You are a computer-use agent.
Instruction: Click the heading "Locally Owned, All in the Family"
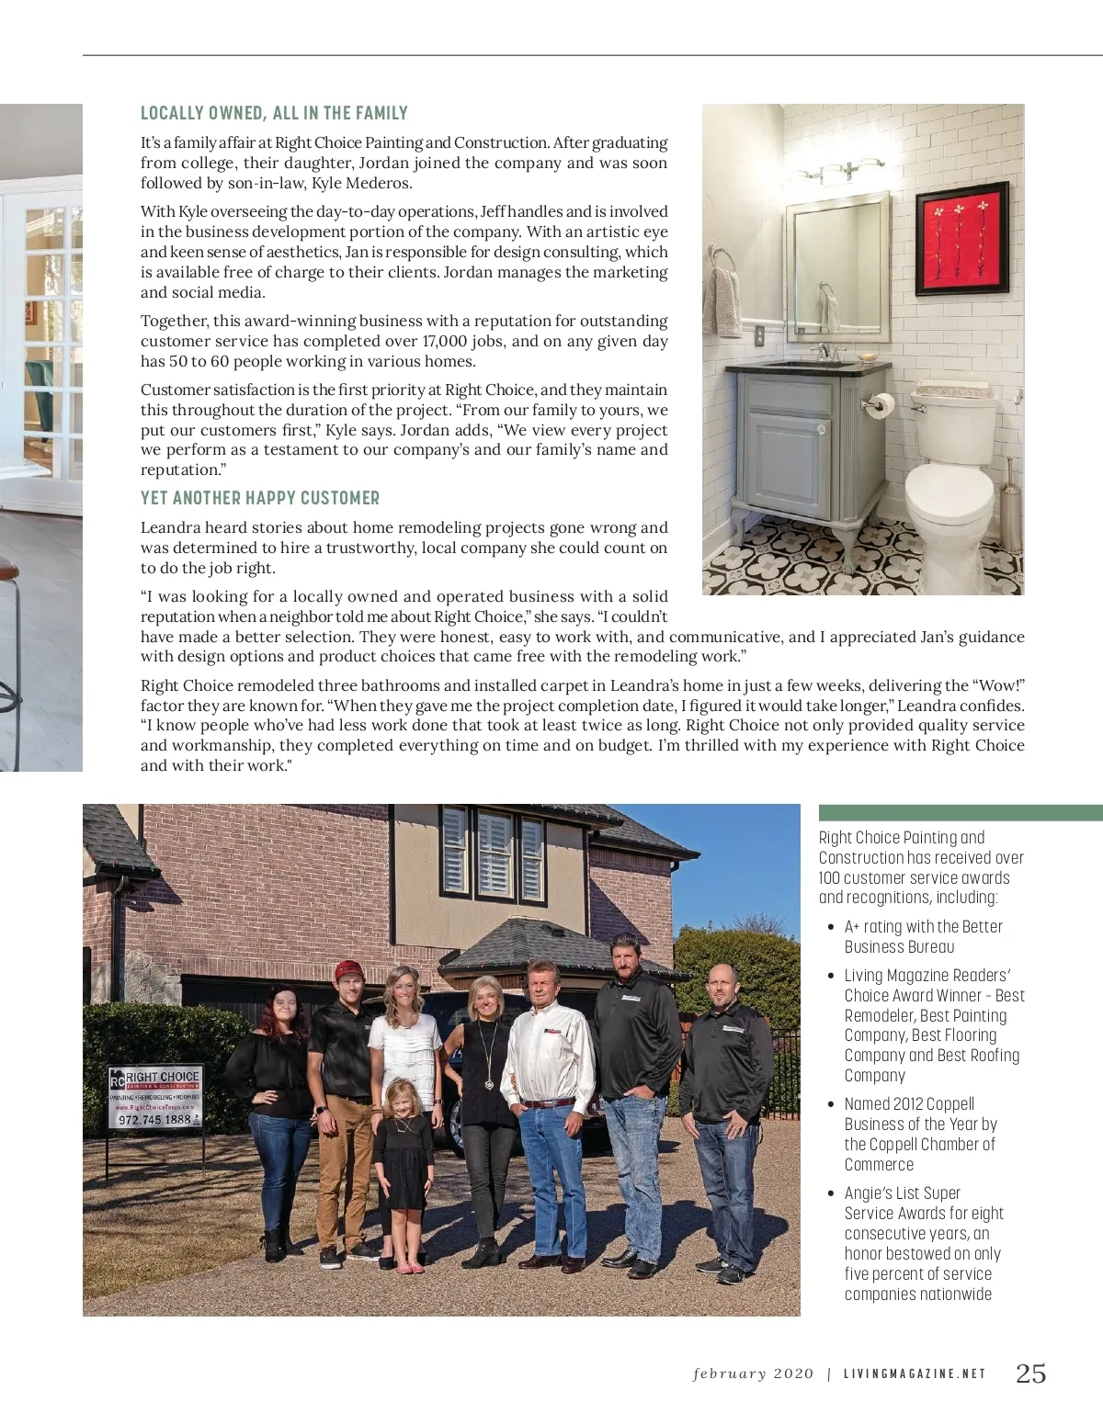[274, 113]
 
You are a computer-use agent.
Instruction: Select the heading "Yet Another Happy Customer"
[260, 498]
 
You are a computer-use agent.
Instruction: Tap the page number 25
[1030, 1373]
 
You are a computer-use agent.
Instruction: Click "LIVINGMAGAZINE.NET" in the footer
[915, 1374]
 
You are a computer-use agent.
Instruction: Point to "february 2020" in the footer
[753, 1374]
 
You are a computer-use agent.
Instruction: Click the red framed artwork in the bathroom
[962, 238]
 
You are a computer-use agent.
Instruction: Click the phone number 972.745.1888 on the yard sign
[154, 1120]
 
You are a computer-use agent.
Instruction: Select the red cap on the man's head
[348, 969]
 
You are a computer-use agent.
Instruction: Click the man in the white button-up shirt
[549, 1102]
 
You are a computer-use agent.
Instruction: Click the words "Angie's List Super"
[902, 1193]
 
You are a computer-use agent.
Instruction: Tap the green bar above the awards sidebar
[960, 812]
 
